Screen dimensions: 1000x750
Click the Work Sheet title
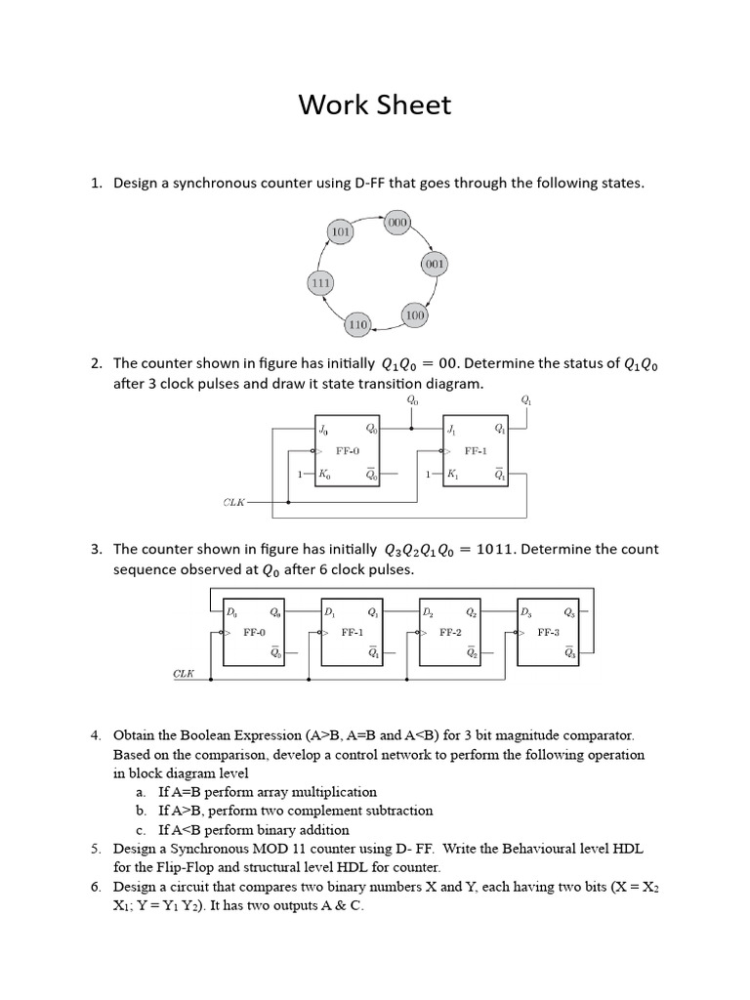pyautogui.click(x=375, y=104)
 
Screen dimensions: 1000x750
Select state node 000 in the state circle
pyautogui.click(x=397, y=223)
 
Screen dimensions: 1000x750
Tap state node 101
pyautogui.click(x=341, y=233)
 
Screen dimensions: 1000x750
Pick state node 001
pyautogui.click(x=435, y=265)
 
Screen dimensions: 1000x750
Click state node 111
pyautogui.click(x=320, y=283)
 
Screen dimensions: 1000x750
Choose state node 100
pyautogui.click(x=415, y=315)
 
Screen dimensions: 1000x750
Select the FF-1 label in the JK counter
pyautogui.click(x=476, y=451)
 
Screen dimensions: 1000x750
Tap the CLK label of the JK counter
pyautogui.click(x=234, y=503)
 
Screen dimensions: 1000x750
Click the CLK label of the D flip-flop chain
pyautogui.click(x=184, y=674)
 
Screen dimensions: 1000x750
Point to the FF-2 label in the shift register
pyautogui.click(x=450, y=632)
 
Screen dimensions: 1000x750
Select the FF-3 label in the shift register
pyautogui.click(x=549, y=632)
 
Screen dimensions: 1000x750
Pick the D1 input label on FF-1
pyautogui.click(x=329, y=613)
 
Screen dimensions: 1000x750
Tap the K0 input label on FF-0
pyautogui.click(x=323, y=475)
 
